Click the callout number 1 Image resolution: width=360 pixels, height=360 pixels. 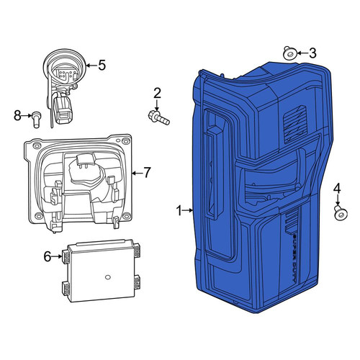click(179, 211)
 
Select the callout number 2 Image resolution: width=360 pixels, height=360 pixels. click(157, 94)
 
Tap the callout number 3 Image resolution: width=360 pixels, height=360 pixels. click(312, 53)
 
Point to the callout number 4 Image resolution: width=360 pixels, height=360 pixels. click(337, 189)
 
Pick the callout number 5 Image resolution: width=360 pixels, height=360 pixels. click(102, 65)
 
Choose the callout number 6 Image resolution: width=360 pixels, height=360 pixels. click(48, 256)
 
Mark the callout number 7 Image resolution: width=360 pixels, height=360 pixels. click(147, 173)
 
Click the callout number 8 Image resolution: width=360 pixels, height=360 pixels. click(17, 116)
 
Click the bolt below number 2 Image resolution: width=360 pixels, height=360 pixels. click(159, 117)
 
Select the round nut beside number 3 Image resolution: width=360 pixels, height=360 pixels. click(289, 53)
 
